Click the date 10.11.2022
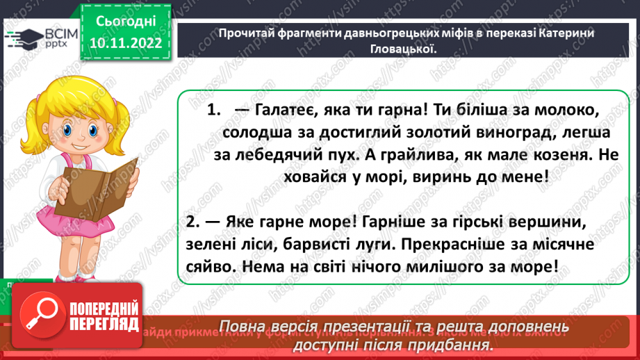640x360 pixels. pos(126,43)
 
